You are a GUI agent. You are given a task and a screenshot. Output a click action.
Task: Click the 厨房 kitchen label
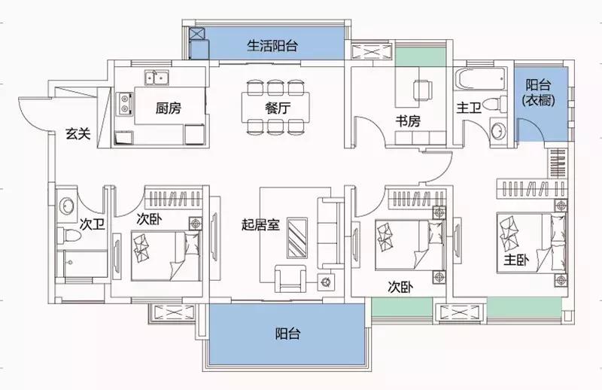(169, 108)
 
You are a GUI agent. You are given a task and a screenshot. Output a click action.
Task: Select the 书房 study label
(409, 123)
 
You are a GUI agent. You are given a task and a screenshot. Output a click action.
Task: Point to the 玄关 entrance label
(78, 134)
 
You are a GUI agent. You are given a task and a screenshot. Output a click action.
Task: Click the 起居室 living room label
(260, 224)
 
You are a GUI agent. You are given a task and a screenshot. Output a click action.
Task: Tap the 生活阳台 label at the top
(272, 45)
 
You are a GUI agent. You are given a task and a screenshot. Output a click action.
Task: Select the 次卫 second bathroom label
(91, 224)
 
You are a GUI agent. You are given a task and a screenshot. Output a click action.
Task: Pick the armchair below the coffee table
(290, 277)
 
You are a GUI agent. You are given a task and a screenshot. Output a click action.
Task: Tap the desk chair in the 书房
(424, 87)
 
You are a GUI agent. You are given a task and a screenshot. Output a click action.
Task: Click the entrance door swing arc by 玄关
(30, 113)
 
